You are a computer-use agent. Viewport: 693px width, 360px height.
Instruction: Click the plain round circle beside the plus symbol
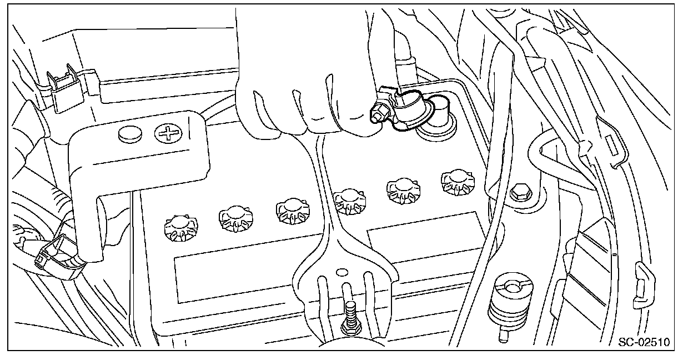point(129,133)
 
